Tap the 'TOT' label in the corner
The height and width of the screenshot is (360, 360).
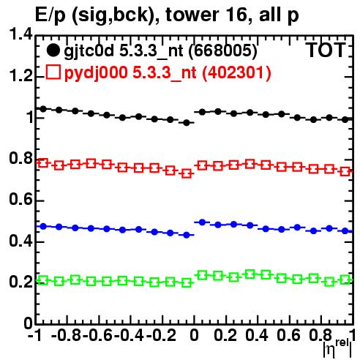pyautogui.click(x=326, y=50)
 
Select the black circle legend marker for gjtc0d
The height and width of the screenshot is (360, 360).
pyautogui.click(x=53, y=50)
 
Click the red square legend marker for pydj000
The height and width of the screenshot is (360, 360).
pyautogui.click(x=53, y=72)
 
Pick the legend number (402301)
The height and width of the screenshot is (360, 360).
pyautogui.click(x=236, y=72)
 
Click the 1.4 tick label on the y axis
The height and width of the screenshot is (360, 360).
pyautogui.click(x=20, y=34)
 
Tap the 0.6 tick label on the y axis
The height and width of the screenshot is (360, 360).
pyautogui.click(x=20, y=200)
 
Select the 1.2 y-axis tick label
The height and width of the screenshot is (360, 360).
pyautogui.click(x=20, y=75)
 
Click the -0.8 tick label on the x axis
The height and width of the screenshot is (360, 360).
pyautogui.click(x=67, y=335)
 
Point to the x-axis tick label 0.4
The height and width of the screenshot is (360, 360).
pyautogui.click(x=257, y=335)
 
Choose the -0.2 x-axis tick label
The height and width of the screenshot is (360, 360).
pyautogui.click(x=161, y=335)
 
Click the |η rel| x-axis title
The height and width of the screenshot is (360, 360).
pyautogui.click(x=337, y=349)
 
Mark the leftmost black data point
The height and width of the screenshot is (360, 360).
pyautogui.click(x=43, y=109)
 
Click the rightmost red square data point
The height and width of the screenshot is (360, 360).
pyautogui.click(x=345, y=171)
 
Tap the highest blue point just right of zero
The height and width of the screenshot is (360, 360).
pyautogui.click(x=202, y=222)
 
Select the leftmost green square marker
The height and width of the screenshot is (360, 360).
pyautogui.click(x=43, y=280)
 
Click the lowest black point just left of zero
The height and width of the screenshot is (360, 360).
pyautogui.click(x=187, y=123)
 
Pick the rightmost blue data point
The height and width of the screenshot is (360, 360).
pyautogui.click(x=345, y=230)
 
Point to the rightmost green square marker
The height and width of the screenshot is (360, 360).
pyautogui.click(x=345, y=280)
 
